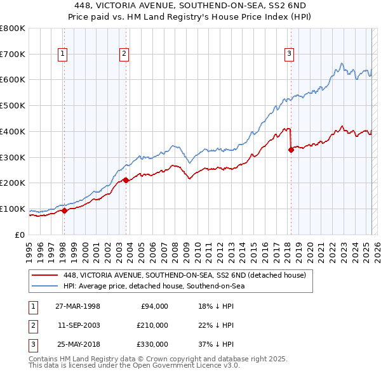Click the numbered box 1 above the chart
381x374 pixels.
coord(63,55)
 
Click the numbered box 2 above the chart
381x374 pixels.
coord(124,55)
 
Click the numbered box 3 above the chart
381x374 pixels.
coord(289,55)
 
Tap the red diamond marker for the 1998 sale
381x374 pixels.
coord(64,211)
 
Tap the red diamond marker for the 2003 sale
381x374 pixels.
coord(126,180)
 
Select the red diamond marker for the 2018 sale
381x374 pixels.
coord(291,150)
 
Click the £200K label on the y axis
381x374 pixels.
coord(13,183)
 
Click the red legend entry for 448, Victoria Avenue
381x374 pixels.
coord(185,275)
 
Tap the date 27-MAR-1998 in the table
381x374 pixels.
coord(78,306)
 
